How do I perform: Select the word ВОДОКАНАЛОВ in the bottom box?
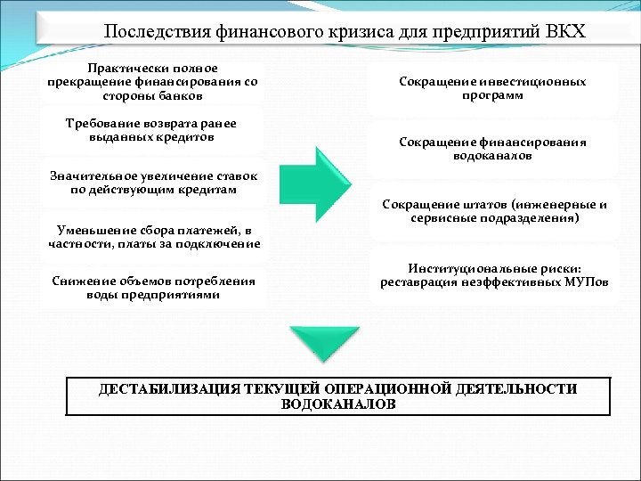(x=337, y=404)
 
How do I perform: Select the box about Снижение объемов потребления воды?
(x=152, y=288)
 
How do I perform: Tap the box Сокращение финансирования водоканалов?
(x=492, y=149)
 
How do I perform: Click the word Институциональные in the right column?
(x=467, y=268)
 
